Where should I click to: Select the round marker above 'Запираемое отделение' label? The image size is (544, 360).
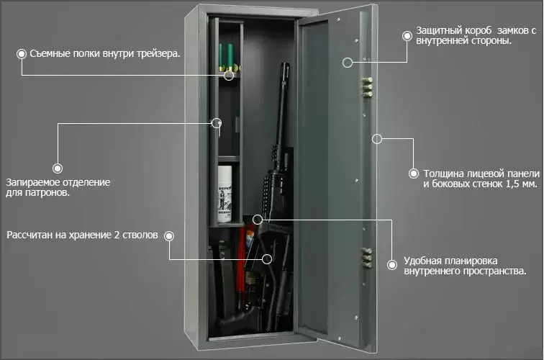tap(58, 168)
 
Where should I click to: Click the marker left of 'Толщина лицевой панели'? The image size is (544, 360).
tap(413, 174)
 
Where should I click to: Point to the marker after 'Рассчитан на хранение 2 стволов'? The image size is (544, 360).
tap(168, 235)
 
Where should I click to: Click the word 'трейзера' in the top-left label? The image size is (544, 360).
tap(157, 53)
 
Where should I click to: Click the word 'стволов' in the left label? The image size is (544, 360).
tap(137, 235)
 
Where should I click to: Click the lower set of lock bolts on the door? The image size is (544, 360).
tap(367, 258)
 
